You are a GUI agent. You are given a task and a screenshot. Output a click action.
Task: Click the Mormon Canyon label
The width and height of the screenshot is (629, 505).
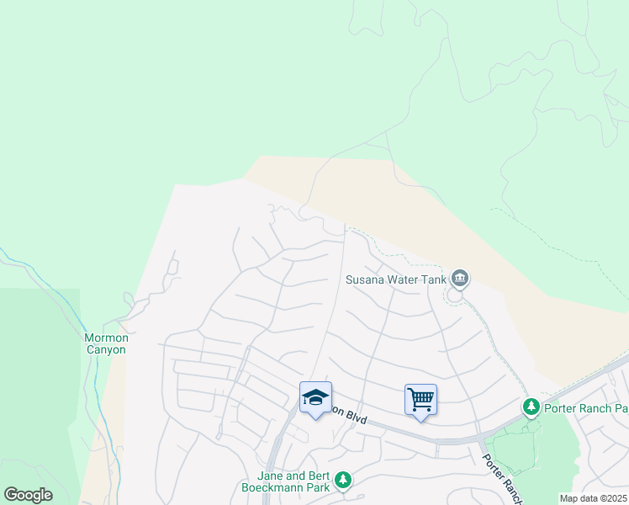[x=106, y=343]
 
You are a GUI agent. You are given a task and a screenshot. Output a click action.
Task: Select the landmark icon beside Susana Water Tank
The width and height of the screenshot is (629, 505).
[x=459, y=278]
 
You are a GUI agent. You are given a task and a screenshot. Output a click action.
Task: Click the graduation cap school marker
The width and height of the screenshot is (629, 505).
[x=315, y=398]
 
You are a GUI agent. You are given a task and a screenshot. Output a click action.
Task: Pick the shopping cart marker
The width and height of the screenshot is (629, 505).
[x=420, y=399]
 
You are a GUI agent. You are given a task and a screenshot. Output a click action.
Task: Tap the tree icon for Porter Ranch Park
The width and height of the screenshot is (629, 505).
[x=531, y=408]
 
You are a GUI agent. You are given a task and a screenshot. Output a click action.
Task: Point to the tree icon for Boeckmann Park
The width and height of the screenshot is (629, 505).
[x=342, y=480]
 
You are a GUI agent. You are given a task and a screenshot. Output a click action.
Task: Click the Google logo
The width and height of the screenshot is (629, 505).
[x=28, y=495]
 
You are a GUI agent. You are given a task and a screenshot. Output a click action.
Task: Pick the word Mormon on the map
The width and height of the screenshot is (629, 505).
[x=106, y=338]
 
